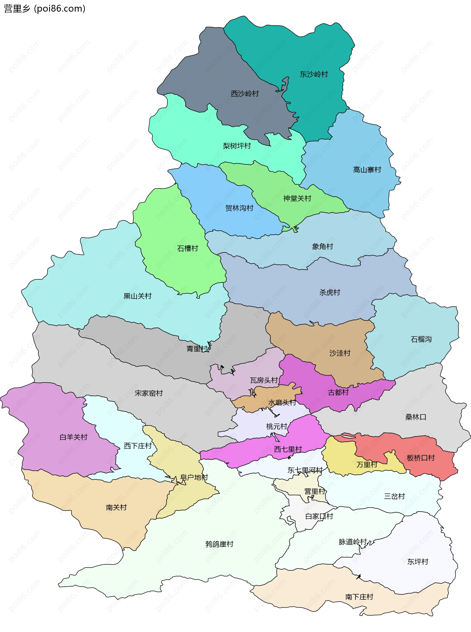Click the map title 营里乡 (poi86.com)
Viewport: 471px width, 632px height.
point(44,9)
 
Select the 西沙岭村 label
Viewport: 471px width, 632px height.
point(245,94)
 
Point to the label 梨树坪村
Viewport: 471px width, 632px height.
point(237,146)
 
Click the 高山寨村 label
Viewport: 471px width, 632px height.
point(367,170)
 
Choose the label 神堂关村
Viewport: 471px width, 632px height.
point(297,198)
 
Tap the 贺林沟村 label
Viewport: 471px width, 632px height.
point(239,208)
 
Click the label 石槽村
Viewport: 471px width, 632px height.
point(187,248)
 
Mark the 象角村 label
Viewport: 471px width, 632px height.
point(322,246)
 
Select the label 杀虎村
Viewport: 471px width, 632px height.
point(330,292)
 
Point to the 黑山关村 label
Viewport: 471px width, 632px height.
point(137,296)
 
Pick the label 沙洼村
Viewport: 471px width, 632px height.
point(340,353)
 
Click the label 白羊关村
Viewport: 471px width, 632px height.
point(73,437)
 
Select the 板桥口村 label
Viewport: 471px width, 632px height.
point(420,458)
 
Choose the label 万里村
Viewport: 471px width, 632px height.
point(367,465)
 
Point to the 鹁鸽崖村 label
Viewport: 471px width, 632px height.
point(219,544)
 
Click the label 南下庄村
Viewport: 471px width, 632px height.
point(359,597)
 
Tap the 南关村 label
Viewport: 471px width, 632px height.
point(116,507)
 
